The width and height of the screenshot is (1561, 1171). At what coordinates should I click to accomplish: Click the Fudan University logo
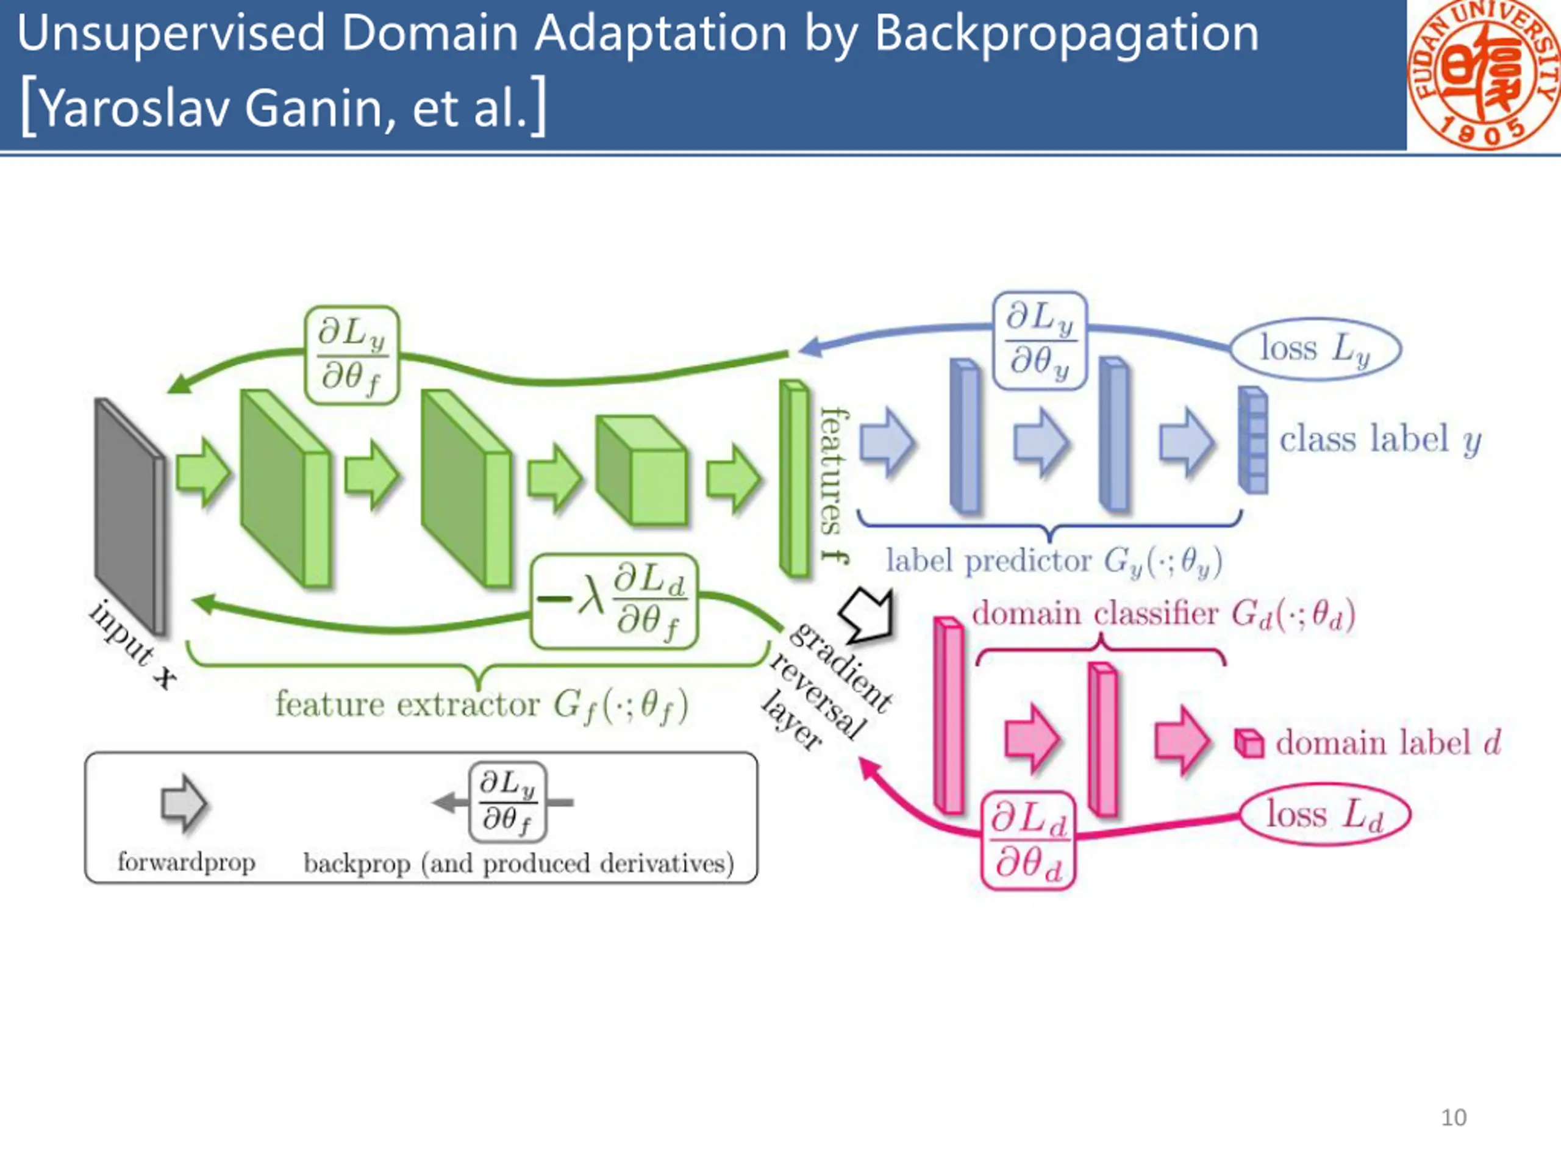1484,74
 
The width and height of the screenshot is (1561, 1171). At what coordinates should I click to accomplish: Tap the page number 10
1453,1117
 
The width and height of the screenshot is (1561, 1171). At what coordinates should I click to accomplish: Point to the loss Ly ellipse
1315,349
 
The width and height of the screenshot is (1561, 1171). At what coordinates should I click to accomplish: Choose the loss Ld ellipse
1324,815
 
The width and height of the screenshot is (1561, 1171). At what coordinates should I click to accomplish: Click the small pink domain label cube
1248,743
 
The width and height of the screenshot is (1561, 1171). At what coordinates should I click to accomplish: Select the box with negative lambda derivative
614,601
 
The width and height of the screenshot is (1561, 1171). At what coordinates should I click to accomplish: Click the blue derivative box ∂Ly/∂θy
1040,341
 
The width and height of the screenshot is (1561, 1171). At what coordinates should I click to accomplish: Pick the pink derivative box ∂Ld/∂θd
1028,840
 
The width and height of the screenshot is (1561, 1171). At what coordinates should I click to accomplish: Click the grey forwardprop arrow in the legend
184,803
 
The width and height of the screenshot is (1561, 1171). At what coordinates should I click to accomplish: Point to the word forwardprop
187,862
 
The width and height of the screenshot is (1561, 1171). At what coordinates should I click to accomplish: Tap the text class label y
1380,440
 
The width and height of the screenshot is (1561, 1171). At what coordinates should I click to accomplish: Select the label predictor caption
1054,562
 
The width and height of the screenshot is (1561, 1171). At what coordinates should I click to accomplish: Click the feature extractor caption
481,704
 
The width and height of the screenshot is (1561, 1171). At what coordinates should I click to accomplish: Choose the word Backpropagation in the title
1066,34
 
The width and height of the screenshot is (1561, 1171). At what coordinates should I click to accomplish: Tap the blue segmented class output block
1252,440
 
